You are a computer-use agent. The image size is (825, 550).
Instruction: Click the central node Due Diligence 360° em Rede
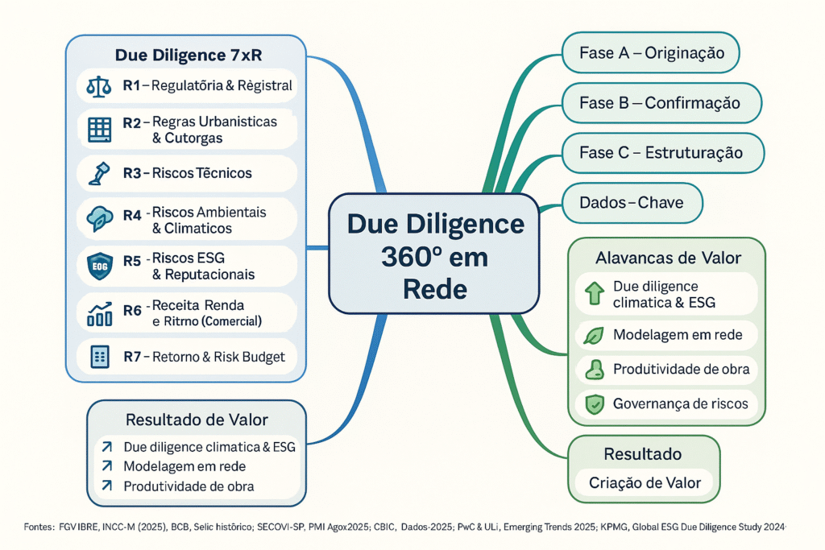pyautogui.click(x=434, y=253)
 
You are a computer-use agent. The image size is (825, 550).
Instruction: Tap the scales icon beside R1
pyautogui.click(x=101, y=85)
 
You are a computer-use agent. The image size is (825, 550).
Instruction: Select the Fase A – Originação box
pyautogui.click(x=651, y=54)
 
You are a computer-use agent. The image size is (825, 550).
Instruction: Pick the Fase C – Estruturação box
pyautogui.click(x=661, y=152)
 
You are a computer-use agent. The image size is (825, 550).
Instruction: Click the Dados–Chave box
pyautogui.click(x=631, y=202)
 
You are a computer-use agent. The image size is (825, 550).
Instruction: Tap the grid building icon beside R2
pyautogui.click(x=100, y=129)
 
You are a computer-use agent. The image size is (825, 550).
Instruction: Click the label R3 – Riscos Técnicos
pyautogui.click(x=187, y=172)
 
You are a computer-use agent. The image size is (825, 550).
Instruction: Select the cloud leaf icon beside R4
pyautogui.click(x=100, y=220)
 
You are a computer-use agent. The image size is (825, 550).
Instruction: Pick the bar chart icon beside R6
pyautogui.click(x=100, y=313)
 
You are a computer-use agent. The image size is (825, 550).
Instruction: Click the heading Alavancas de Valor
pyautogui.click(x=668, y=258)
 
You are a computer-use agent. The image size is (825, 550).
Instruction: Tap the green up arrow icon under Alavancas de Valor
pyautogui.click(x=595, y=293)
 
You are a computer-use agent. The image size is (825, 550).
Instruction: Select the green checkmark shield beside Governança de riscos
pyautogui.click(x=595, y=404)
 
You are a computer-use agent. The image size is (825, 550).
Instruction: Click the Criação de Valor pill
pyautogui.click(x=644, y=483)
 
